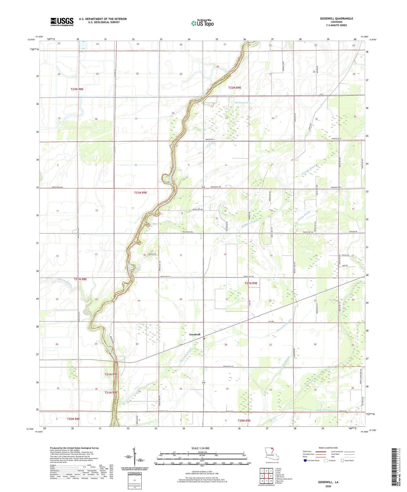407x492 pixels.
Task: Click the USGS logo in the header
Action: tap(62, 21)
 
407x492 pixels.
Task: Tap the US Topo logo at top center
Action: tap(202, 23)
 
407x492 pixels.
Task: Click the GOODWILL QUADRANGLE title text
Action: tap(336, 19)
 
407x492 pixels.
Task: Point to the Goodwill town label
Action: tap(195, 334)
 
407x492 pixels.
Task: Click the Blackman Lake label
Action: tap(243, 103)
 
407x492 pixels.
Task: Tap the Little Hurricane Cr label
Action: tap(326, 410)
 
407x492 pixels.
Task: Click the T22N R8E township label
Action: tap(77, 89)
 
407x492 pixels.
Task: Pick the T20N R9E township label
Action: tap(244, 420)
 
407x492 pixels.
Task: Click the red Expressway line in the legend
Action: tap(320, 452)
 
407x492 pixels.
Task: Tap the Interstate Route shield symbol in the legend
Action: tap(305, 461)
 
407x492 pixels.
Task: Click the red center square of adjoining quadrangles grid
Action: tap(266, 476)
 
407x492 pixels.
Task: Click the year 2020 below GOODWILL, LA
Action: tap(328, 486)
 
